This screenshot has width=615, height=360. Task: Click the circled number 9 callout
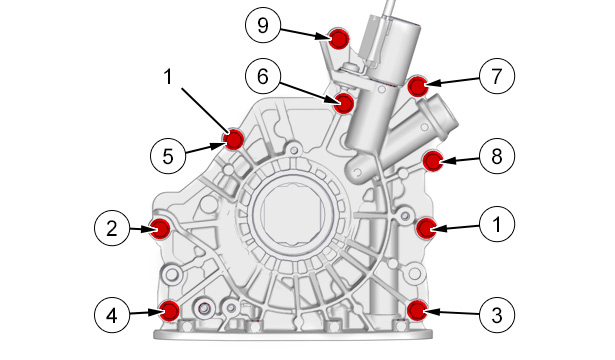263,25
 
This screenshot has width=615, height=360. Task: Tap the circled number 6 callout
263,76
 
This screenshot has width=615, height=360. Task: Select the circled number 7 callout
497,76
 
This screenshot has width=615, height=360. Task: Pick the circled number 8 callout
497,156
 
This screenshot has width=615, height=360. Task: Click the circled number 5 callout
168,156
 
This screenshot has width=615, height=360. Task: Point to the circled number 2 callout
112,228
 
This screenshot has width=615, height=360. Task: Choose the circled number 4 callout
112,315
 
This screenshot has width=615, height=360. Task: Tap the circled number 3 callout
497,315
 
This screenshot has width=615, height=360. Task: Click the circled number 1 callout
497,224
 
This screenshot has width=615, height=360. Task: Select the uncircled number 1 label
168,76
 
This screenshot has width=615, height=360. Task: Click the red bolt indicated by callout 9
339,39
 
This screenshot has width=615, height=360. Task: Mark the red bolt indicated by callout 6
345,104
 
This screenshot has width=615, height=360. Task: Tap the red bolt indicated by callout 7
417,87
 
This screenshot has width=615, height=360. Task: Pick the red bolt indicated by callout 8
433,161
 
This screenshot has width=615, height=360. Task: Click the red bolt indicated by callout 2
160,229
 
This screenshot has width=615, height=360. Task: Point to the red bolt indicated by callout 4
170,311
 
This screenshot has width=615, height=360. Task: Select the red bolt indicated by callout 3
417,310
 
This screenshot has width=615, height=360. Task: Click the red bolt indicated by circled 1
426,228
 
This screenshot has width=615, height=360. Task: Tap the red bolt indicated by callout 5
234,139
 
